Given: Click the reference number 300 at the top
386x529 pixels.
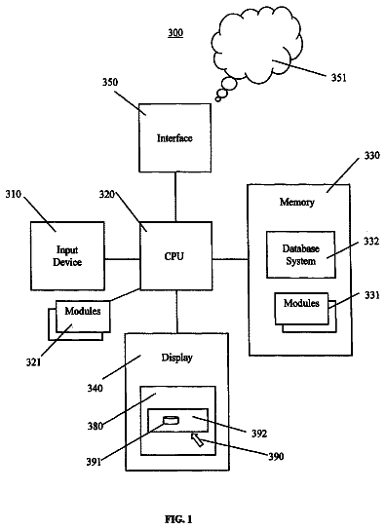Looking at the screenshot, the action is (175, 33).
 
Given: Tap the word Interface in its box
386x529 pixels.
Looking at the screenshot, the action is (174, 138).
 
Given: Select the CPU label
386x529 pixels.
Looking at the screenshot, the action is (174, 256).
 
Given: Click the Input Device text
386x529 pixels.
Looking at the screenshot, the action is (67, 256).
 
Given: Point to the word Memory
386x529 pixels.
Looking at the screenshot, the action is (297, 202).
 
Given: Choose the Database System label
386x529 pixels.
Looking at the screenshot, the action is (301, 254).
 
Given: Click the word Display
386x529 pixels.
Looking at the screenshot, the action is (176, 358).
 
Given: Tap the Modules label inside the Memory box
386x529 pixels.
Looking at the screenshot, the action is (301, 303).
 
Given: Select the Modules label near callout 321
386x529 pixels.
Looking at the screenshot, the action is (83, 311).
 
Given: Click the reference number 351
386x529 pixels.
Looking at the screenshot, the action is (338, 78).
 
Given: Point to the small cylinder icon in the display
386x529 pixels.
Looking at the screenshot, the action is (171, 420).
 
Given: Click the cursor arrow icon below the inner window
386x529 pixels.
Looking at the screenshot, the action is (197, 440).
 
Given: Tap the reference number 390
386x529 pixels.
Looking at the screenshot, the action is (276, 457).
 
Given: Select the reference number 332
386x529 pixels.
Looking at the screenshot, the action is (371, 242).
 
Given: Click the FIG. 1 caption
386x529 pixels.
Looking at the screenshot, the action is (178, 519).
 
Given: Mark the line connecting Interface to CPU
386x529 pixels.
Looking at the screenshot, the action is (175, 197).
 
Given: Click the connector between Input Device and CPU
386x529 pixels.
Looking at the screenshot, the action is (122, 259).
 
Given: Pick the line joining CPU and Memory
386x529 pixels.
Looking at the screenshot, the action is (230, 259).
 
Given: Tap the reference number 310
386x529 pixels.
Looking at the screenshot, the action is (14, 194).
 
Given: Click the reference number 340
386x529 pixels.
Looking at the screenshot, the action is (95, 389).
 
